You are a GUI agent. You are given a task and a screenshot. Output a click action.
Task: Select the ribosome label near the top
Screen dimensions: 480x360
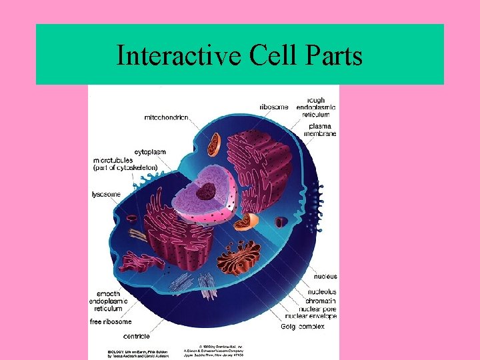coord(274,107)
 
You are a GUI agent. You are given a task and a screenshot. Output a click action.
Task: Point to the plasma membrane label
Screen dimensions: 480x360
coord(321,129)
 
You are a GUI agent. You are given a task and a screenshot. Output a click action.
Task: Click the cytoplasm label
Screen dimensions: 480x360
coord(150,152)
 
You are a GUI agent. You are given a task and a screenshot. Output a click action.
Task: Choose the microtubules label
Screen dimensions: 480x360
coord(125,164)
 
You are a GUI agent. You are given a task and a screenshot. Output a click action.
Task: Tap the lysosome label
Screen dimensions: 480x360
coord(107,194)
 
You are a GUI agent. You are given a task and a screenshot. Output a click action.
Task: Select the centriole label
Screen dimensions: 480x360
coord(137,336)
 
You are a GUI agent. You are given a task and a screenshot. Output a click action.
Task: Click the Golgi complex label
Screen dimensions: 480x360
coord(303,326)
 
